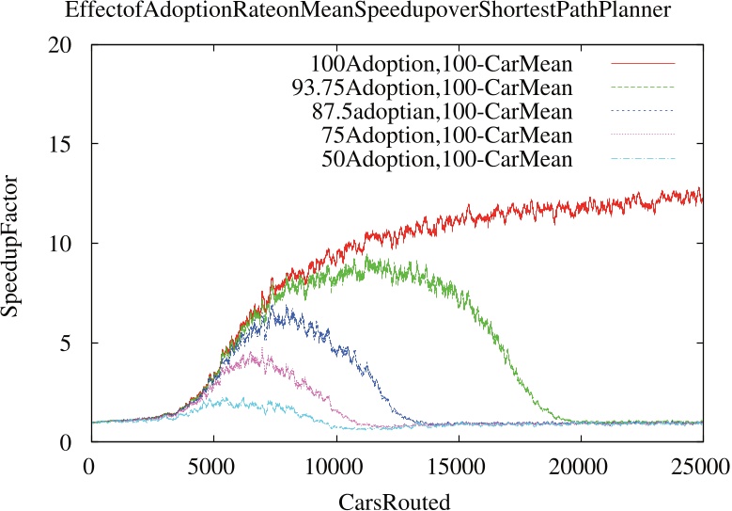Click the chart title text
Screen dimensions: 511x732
pos(366,13)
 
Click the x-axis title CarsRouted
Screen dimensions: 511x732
pos(395,500)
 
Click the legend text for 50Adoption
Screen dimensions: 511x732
pos(446,160)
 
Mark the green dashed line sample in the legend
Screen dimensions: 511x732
pos(643,88)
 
